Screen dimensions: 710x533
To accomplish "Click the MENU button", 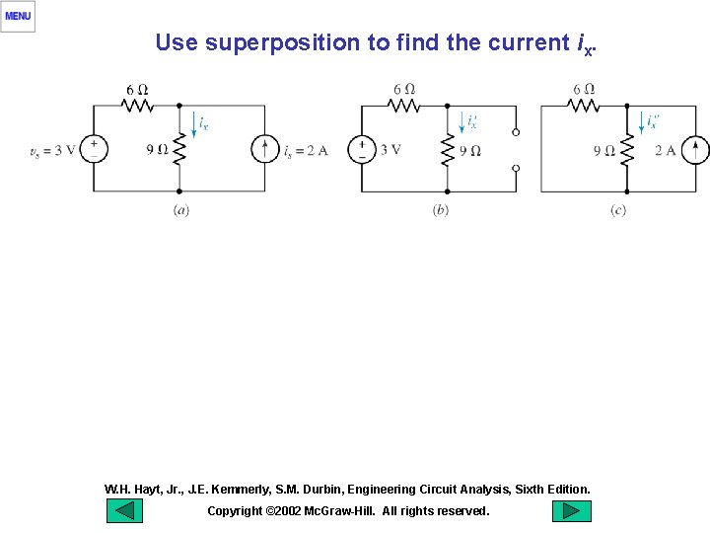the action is pos(18,16).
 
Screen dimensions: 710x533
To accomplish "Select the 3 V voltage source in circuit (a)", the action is pos(95,149).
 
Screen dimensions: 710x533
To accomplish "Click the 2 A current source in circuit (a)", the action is pos(264,149).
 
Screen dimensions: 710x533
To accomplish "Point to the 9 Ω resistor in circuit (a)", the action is pos(178,149).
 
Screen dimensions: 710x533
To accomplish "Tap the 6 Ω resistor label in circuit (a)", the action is pos(137,90).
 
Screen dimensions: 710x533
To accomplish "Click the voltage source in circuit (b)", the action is pos(361,149).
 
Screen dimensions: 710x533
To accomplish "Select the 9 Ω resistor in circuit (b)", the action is pos(447,149).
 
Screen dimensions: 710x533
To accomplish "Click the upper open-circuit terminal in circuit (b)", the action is pos(516,131).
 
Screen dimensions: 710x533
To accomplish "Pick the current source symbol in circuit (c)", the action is pos(694,149).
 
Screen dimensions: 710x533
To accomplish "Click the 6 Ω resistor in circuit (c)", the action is pos(584,105).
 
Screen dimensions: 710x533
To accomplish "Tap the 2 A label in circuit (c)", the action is pos(666,150).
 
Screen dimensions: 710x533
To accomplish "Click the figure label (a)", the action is pos(180,210).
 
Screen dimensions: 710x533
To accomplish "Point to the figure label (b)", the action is pos(441,210).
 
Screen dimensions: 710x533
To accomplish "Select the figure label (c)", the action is pos(618,210).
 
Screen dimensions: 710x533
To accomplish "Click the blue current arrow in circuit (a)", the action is pos(194,127).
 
